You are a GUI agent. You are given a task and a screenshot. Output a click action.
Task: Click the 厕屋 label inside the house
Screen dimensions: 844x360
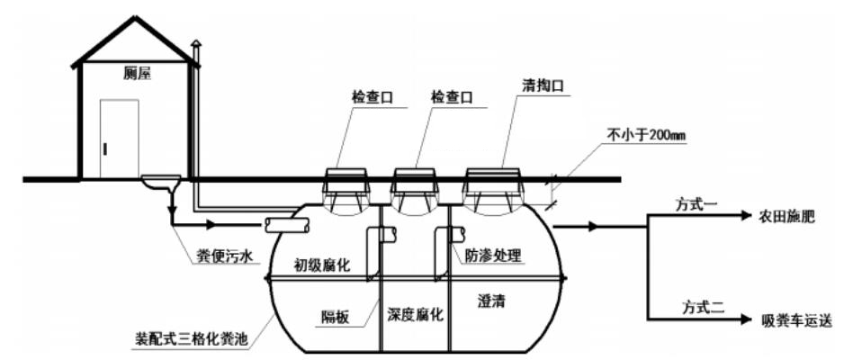coord(137,75)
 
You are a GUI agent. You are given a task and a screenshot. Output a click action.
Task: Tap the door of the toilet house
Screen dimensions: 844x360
coord(120,139)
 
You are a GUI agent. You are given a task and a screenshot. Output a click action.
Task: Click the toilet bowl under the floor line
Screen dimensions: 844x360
coord(161,183)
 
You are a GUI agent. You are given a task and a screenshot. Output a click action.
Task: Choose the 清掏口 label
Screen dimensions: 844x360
coord(543,86)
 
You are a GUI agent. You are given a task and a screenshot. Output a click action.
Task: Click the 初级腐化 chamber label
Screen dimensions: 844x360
coord(322,265)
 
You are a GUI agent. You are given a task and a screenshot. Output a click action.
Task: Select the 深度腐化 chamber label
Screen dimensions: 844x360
coord(415,315)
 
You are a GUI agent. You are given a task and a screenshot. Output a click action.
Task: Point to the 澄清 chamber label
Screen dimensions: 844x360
coord(491,301)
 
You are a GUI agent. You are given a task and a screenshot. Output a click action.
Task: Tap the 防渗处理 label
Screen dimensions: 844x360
coord(494,256)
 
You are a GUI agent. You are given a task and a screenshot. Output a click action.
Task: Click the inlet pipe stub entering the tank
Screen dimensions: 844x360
coord(287,226)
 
